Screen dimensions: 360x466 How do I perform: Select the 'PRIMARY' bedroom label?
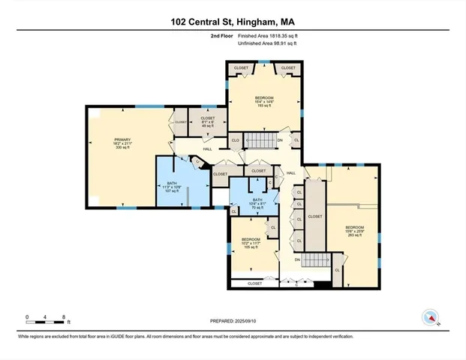click(122, 142)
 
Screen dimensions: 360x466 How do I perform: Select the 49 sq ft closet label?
click(207, 121)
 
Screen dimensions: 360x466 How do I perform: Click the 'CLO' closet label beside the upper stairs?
click(235, 139)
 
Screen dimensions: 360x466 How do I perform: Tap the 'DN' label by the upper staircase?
click(280, 139)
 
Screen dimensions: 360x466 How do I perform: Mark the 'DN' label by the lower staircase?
click(297, 259)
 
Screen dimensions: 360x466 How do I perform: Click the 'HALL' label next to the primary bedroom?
click(186, 148)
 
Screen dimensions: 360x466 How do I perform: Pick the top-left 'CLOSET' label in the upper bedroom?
click(241, 68)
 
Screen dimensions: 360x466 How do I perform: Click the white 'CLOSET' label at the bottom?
click(254, 283)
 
